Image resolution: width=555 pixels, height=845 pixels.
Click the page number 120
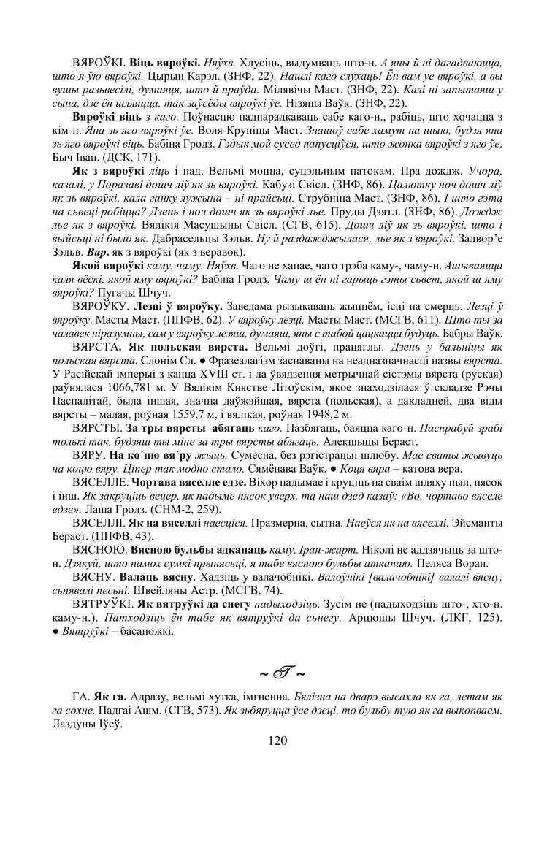[277, 741]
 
